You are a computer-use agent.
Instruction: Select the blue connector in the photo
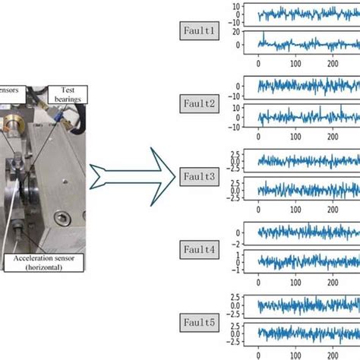pos(56,114)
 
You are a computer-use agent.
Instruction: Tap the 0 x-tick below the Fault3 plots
pos(259,207)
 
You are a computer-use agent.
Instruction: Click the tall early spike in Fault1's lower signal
pos(263,34)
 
